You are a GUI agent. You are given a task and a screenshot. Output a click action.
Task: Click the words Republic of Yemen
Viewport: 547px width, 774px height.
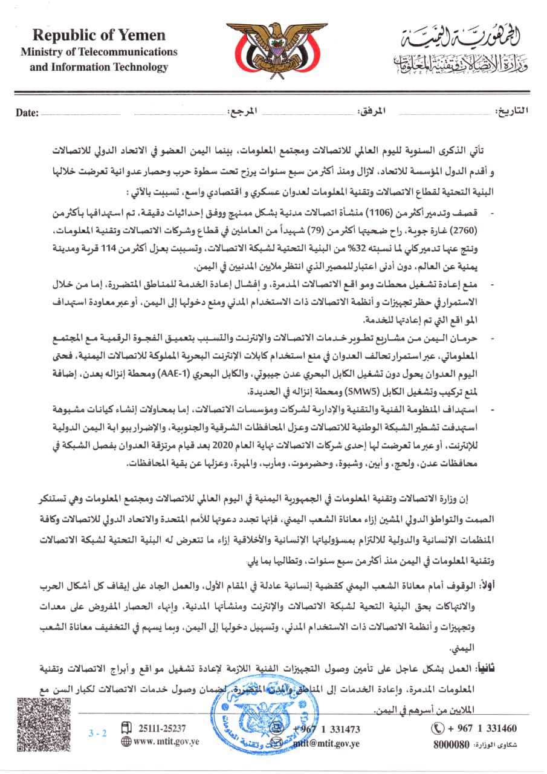pyautogui.click(x=99, y=36)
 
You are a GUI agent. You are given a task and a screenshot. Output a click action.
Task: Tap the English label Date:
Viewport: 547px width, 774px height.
pyautogui.click(x=27, y=112)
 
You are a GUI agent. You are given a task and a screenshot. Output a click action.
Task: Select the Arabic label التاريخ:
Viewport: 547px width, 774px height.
pyautogui.click(x=511, y=111)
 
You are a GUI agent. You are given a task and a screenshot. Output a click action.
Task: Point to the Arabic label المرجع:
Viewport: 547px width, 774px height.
pyautogui.click(x=242, y=112)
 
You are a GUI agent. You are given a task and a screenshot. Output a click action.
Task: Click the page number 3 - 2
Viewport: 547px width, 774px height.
pyautogui.click(x=97, y=733)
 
